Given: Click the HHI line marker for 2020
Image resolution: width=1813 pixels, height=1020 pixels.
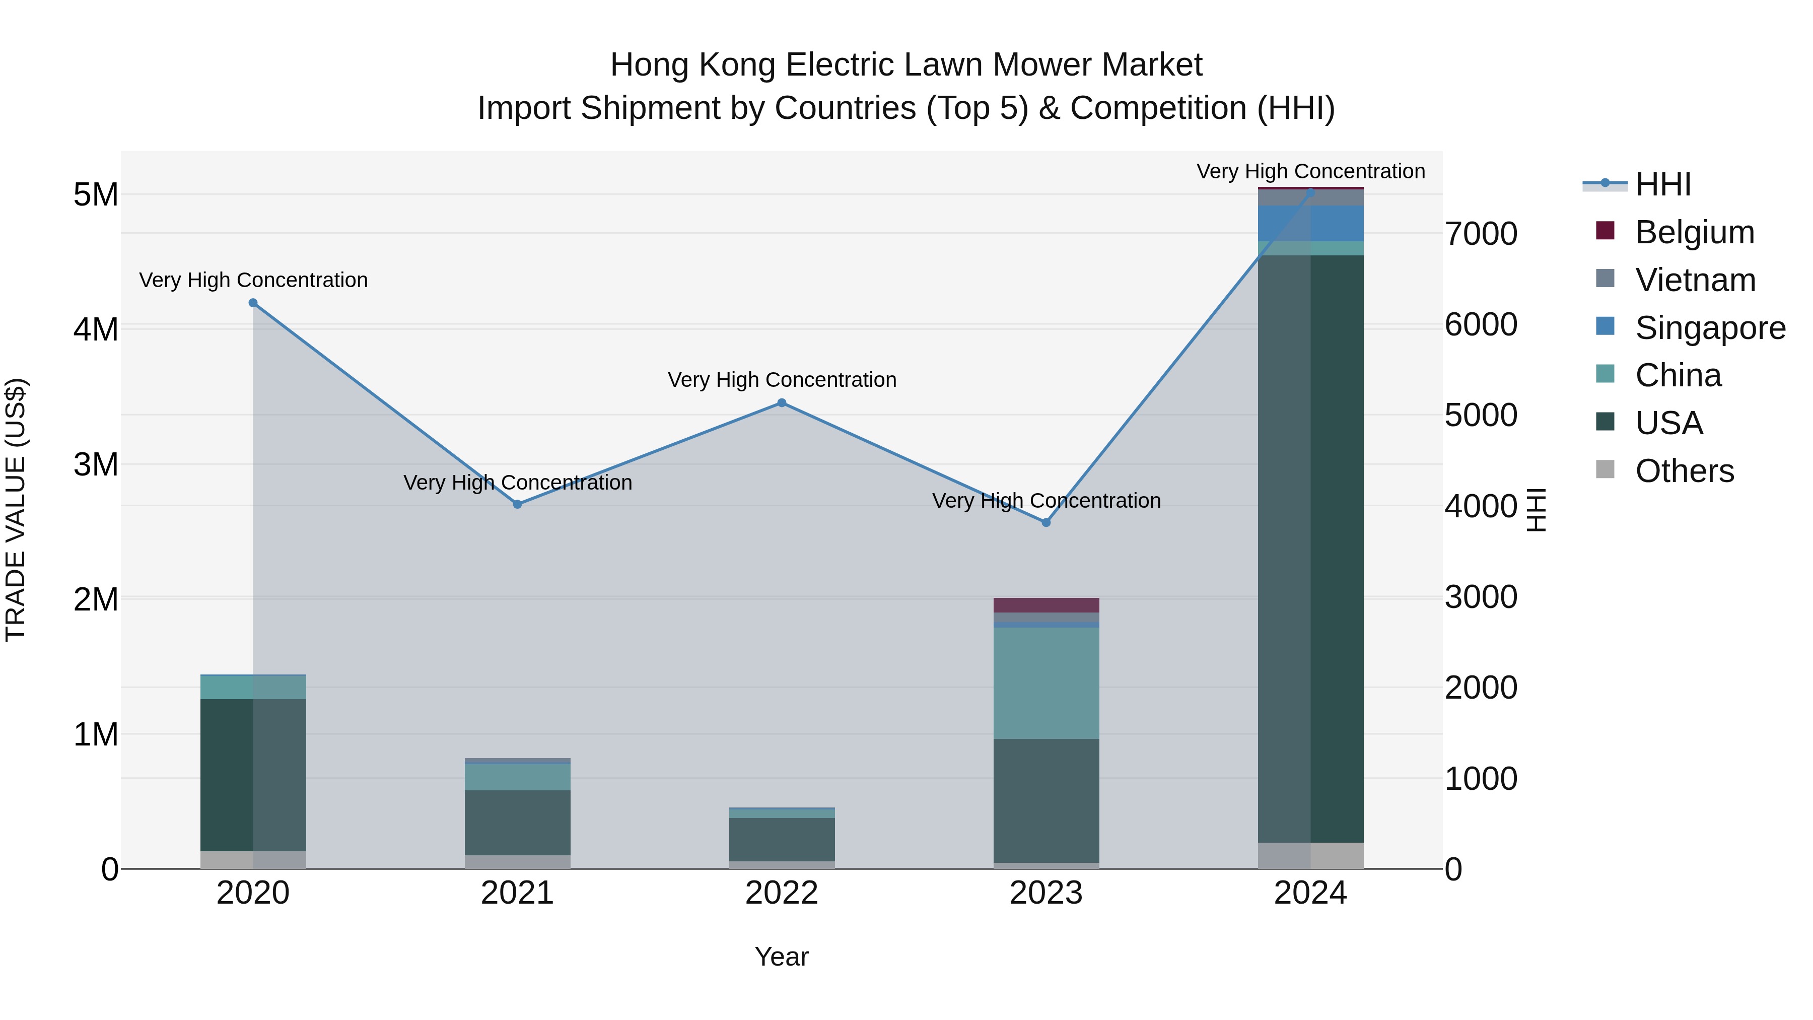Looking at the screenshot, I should point(253,303).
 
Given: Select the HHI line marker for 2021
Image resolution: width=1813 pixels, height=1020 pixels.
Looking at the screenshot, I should point(517,504).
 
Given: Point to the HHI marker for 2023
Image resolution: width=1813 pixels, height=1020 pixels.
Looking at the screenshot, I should point(1046,522).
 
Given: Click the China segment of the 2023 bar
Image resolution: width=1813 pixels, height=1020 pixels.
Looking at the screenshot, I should point(1046,683).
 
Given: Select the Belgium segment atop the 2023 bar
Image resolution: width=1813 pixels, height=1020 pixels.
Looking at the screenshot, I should point(1046,604).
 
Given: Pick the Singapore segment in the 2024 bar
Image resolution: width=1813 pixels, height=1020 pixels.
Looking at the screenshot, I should point(1310,224).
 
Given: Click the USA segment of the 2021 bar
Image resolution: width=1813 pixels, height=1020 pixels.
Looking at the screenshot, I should point(517,822).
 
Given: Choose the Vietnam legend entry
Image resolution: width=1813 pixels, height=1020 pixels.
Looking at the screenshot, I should point(1695,280).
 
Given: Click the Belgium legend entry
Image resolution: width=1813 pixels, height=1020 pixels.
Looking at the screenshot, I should point(1694,232).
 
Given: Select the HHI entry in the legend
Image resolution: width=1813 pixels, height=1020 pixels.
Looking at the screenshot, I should point(1662,184).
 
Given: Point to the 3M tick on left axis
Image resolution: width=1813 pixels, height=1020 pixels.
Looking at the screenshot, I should point(96,464).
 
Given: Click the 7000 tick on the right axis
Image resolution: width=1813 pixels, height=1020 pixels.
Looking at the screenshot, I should point(1481,234).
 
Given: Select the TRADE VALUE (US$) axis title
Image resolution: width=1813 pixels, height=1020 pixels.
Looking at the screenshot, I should point(16,510).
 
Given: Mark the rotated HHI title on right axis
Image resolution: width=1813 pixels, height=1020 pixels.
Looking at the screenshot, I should point(1537,510).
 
